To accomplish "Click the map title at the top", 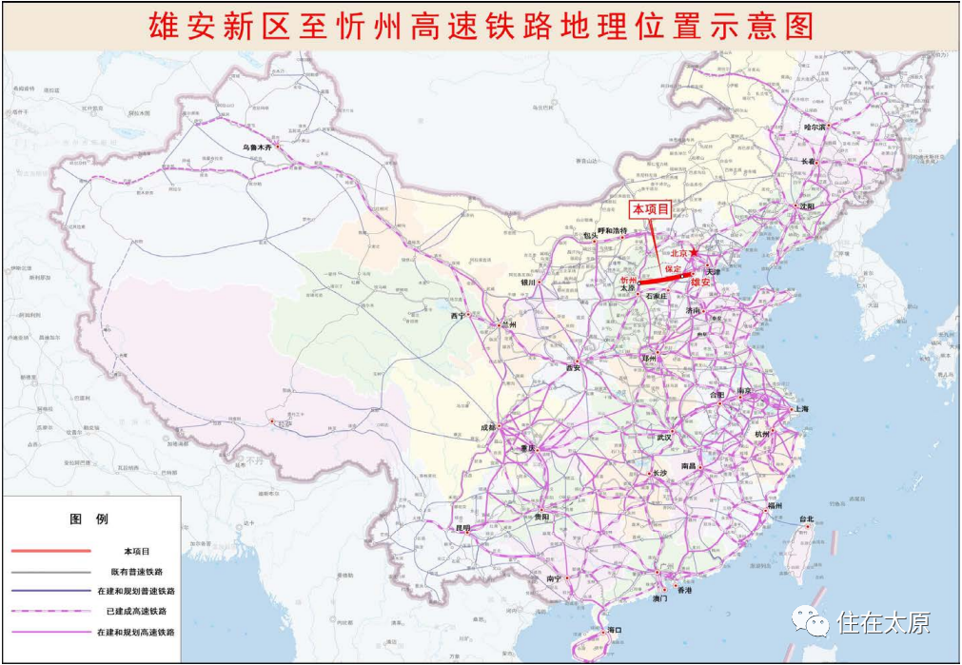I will (x=481, y=26).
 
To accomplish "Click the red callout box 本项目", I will (x=652, y=208).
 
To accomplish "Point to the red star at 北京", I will (x=696, y=253).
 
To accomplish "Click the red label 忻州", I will (x=629, y=281).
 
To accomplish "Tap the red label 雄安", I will (x=700, y=283).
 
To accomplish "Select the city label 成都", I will (x=488, y=428).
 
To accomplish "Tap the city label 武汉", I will (x=663, y=438).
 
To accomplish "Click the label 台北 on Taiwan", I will (x=806, y=519).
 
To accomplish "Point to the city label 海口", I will (x=615, y=630).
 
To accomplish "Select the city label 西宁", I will (x=458, y=316).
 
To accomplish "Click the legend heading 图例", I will (x=89, y=519).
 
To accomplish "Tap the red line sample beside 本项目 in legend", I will (x=51, y=551).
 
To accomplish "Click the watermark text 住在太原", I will (x=883, y=623).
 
